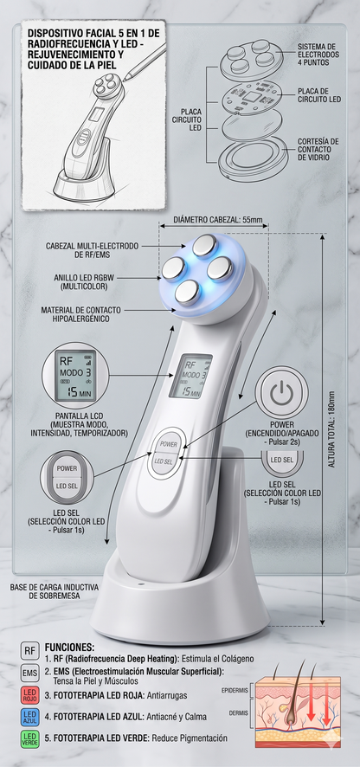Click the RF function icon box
pos(29,651)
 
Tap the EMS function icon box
pos(29,674)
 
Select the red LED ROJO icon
pos(29,696)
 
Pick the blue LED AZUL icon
pos(29,718)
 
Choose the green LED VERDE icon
pos(29,739)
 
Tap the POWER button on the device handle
pos(168,444)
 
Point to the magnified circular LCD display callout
pos(75,376)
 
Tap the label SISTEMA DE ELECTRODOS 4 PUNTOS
pos(318,55)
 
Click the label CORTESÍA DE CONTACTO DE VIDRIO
pos(318,149)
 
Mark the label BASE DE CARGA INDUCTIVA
pos(55,586)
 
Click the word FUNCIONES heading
pos(69,647)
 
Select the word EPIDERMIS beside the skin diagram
pos(235,690)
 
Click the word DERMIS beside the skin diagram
pos(239,712)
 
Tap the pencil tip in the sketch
pos(125,79)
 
